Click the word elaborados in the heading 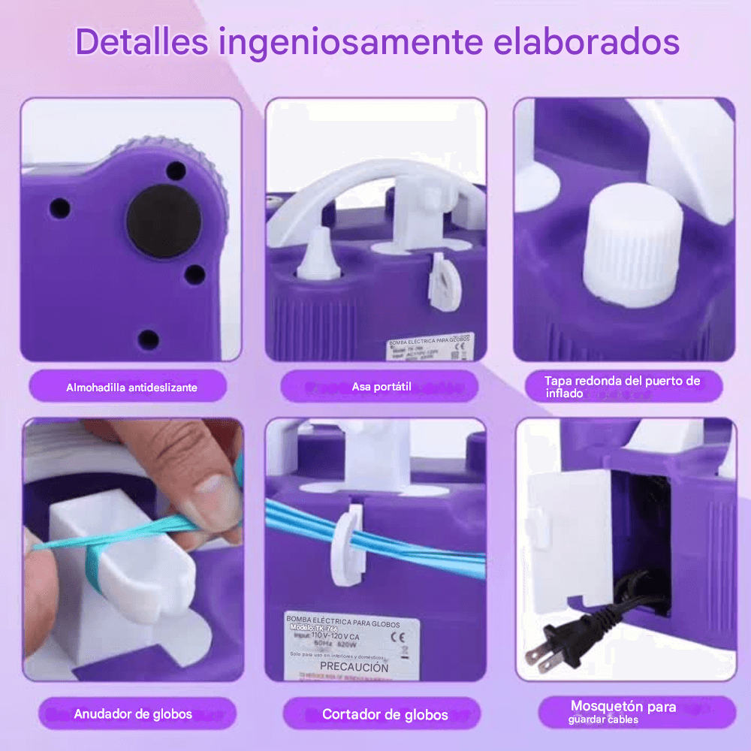click(587, 42)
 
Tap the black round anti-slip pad click(163, 222)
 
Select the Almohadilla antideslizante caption click(131, 388)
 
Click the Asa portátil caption click(382, 387)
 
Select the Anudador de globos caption click(133, 713)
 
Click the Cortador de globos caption click(385, 714)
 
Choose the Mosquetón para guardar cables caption click(623, 712)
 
